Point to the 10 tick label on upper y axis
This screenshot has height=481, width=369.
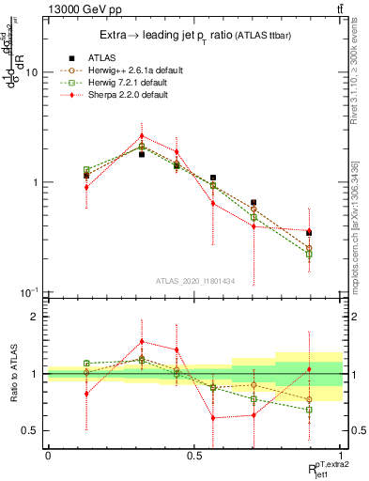(32, 72)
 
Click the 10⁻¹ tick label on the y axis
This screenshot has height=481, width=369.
(29, 292)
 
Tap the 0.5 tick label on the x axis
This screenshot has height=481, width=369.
(194, 454)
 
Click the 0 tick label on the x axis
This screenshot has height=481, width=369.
(48, 454)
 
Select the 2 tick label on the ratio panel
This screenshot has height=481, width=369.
(35, 318)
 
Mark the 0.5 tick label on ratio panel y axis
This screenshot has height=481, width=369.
(31, 430)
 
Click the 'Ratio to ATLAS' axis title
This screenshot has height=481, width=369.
(12, 374)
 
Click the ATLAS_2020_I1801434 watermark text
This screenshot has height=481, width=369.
(195, 280)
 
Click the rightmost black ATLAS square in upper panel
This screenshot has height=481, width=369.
(309, 233)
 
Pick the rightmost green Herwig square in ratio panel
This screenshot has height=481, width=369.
(309, 410)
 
